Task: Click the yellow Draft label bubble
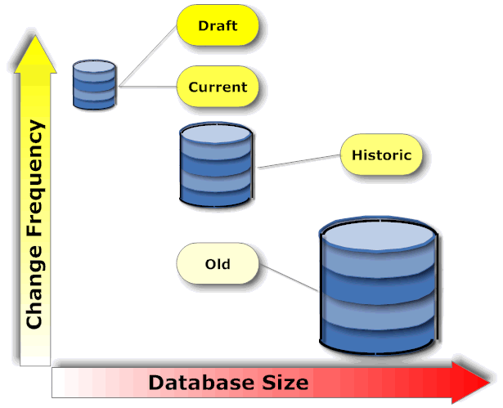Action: pyautogui.click(x=218, y=26)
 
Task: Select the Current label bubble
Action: pyautogui.click(x=218, y=86)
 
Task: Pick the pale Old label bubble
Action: pyautogui.click(x=218, y=264)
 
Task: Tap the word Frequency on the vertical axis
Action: pyautogui.click(x=34, y=189)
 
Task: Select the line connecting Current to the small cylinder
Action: pyautogui.click(x=147, y=85)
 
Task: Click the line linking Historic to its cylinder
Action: pyautogui.click(x=299, y=161)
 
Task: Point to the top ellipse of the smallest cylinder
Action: pyautogui.click(x=94, y=66)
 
